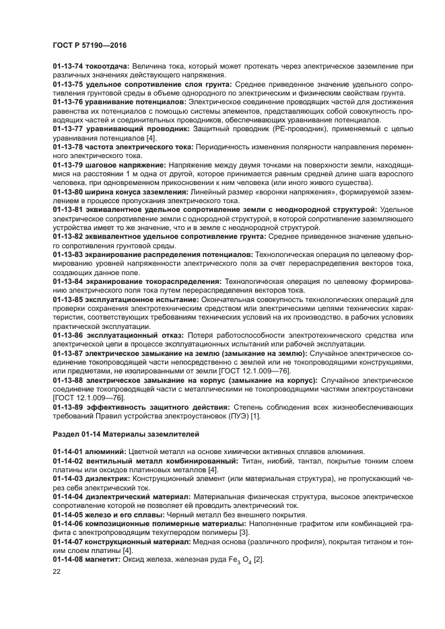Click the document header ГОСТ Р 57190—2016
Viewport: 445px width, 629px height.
click(90, 44)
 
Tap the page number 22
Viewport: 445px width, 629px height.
click(57, 570)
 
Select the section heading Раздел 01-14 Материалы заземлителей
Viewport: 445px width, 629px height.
click(126, 431)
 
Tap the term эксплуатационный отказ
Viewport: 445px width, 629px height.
click(137, 334)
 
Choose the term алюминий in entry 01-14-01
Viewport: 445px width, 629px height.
click(108, 451)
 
